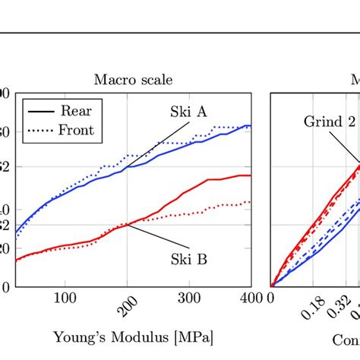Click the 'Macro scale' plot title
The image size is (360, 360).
coord(133,79)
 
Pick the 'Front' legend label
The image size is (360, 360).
coord(76,130)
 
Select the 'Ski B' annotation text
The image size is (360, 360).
coord(188,259)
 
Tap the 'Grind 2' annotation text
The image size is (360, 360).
coord(330,122)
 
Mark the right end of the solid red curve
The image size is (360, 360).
coord(251,175)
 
